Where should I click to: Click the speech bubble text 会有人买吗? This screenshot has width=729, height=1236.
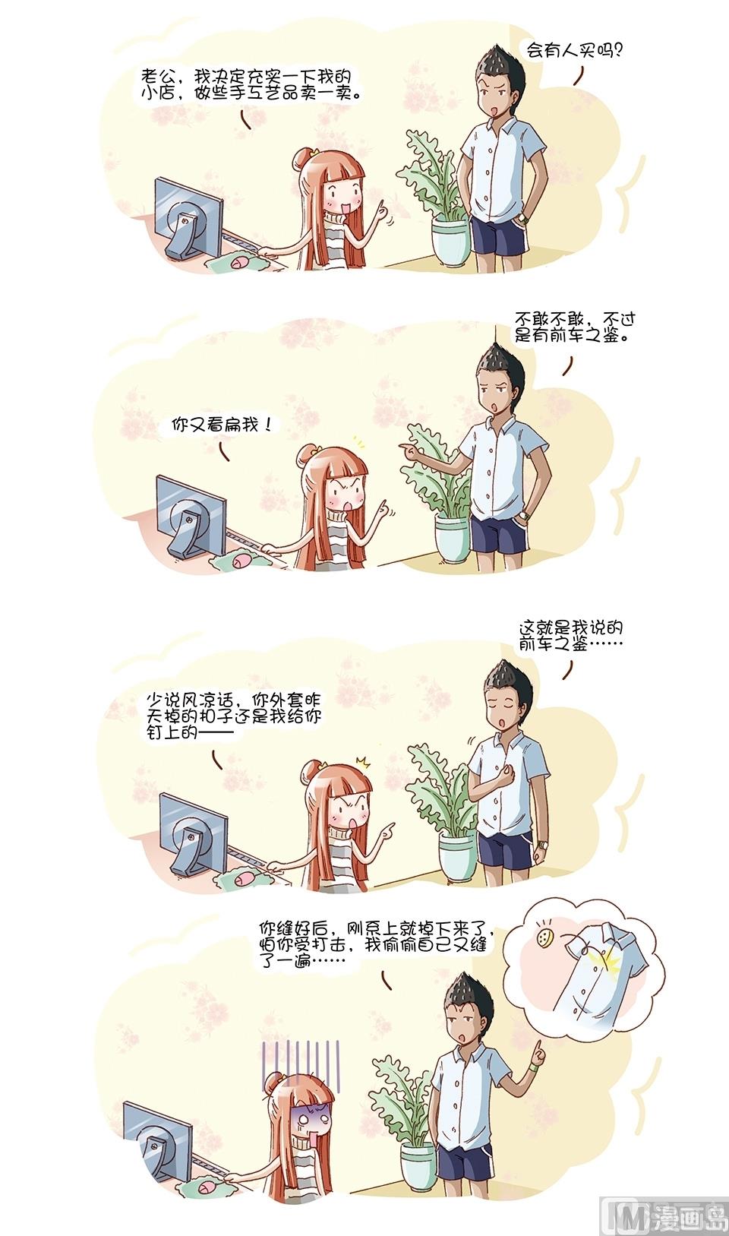pos(574,51)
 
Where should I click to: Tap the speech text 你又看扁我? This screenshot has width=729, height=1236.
pos(222,425)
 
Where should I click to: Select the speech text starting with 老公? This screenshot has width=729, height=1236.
pos(251,84)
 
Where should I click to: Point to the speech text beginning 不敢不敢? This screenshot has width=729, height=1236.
pos(575,327)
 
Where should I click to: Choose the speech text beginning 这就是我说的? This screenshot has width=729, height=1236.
pos(571,636)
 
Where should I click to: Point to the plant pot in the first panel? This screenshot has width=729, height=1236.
pos(451,242)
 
